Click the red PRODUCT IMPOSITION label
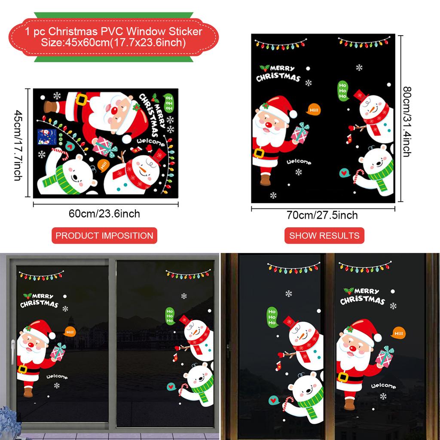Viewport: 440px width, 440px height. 104,235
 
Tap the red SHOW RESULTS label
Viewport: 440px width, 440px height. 324,235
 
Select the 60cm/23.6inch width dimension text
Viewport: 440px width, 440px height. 104,214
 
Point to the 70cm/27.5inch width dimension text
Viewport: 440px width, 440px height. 322,215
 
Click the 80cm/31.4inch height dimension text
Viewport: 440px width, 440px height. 406,122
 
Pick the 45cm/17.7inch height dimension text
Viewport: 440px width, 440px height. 18,145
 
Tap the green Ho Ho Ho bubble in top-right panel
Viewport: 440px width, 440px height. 342,90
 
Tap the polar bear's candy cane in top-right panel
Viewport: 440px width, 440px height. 358,176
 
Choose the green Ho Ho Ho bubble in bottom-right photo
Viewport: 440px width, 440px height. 272,316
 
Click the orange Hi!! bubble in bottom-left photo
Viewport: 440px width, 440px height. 70,331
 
